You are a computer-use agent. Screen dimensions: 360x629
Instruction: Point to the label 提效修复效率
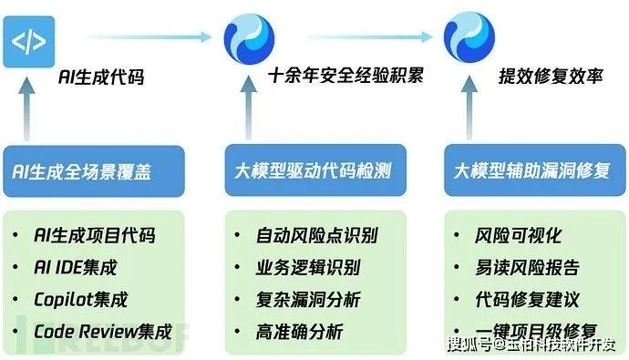coord(552,77)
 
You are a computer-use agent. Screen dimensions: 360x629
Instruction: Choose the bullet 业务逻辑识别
coord(308,268)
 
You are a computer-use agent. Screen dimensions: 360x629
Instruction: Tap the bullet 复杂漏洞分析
coord(308,300)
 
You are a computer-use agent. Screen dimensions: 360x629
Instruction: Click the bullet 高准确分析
coord(300,332)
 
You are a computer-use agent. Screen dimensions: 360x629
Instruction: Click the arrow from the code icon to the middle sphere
coord(146,37)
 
